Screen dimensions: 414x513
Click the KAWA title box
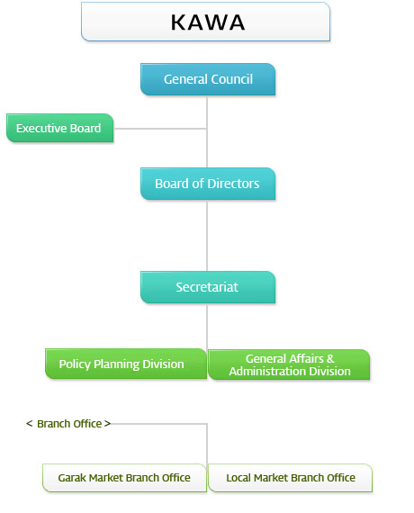[x=205, y=22]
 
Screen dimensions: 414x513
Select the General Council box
[x=208, y=79]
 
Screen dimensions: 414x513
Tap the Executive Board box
[x=60, y=128]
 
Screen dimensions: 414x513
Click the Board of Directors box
[x=208, y=184]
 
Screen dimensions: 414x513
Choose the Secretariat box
[x=208, y=287]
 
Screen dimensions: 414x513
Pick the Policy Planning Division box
[x=126, y=364]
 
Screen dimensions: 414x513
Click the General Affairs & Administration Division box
[x=289, y=364]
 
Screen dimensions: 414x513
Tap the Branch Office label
[x=68, y=424]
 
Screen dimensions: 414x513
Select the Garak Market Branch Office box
[x=124, y=478]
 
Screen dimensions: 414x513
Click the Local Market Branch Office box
[x=291, y=478]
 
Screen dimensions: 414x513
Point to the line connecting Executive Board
[x=160, y=129]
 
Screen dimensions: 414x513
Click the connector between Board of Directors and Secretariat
[x=207, y=236]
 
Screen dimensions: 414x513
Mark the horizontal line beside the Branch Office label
[x=159, y=424]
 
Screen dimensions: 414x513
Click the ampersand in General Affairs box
[x=330, y=358]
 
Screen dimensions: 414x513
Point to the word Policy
[x=75, y=364]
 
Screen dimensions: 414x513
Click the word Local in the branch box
[x=238, y=478]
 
